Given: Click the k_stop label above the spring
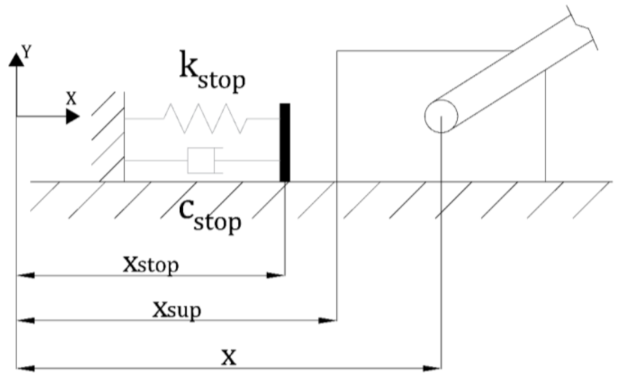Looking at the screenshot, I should pyautogui.click(x=212, y=70).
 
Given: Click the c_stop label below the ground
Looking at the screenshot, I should pyautogui.click(x=210, y=214).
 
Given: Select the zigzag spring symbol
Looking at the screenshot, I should pyautogui.click(x=203, y=118).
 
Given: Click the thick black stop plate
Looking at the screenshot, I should pyautogui.click(x=284, y=142).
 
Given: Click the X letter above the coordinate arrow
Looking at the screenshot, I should pyautogui.click(x=71, y=97).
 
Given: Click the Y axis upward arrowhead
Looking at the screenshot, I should pyautogui.click(x=16, y=59).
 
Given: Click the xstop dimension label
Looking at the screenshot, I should pyautogui.click(x=150, y=265).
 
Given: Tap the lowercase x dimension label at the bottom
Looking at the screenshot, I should pyautogui.click(x=229, y=355).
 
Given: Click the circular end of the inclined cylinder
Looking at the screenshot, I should pyautogui.click(x=440, y=116).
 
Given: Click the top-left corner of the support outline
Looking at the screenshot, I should pyautogui.click(x=337, y=51).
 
